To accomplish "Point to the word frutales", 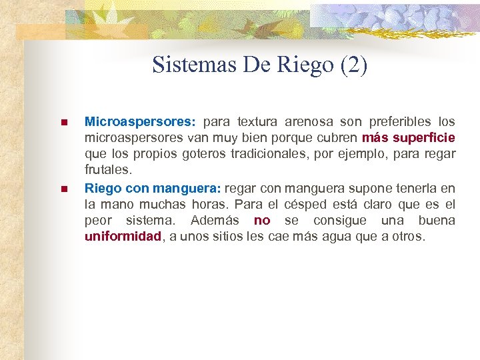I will (x=107, y=170).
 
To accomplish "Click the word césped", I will (x=309, y=204).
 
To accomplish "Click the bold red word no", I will (x=262, y=220).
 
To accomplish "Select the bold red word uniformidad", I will (x=123, y=236).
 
